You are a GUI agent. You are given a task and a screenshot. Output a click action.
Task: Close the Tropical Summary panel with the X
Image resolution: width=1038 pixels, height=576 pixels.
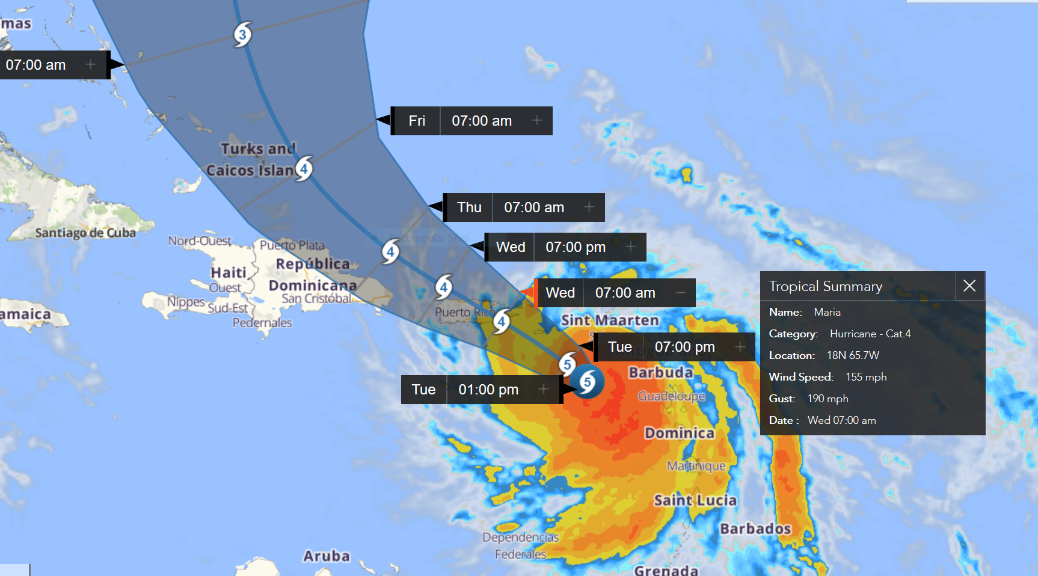coord(969,286)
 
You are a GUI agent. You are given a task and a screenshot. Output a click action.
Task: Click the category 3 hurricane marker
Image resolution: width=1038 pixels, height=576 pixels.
coord(242,34)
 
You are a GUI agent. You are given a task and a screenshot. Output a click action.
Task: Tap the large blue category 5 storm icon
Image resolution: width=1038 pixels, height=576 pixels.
coord(587,382)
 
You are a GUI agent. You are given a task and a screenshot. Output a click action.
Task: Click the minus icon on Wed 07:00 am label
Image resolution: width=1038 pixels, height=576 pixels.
coord(680,293)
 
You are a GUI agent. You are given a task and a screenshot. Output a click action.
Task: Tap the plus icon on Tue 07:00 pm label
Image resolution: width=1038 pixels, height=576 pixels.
coord(740,347)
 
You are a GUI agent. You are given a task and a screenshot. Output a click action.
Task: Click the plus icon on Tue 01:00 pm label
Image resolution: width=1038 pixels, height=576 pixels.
coord(544,390)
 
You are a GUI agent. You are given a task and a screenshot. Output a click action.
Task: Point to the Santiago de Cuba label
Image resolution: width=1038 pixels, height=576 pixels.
coord(85,233)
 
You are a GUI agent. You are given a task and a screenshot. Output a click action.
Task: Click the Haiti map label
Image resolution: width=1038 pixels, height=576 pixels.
coord(229,272)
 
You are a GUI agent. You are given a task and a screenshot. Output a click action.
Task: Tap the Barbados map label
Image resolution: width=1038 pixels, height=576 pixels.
coord(755,529)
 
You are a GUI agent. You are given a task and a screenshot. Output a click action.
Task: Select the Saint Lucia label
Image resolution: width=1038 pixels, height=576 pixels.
coord(695,500)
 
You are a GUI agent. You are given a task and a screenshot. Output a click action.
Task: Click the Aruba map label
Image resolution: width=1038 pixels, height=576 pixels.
coord(326,556)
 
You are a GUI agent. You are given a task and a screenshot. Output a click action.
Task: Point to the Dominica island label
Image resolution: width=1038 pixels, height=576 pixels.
coord(679,433)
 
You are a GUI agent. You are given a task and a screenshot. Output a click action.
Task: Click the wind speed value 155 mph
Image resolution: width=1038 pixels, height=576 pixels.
coord(866,377)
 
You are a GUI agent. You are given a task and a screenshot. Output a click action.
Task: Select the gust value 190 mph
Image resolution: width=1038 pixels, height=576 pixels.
coord(828,399)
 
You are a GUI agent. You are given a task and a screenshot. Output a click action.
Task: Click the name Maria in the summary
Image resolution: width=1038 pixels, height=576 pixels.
coord(827,312)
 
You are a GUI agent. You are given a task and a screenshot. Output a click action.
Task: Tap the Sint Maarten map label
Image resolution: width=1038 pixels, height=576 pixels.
coord(610,320)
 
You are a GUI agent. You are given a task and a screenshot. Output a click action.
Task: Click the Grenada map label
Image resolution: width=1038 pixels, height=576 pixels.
coord(666,569)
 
